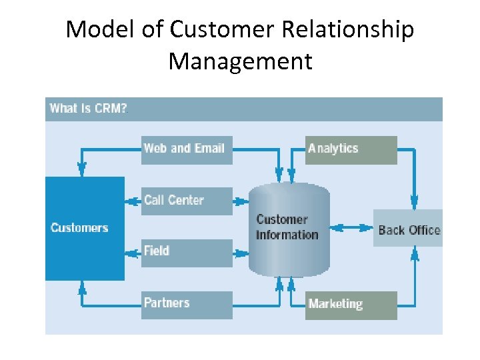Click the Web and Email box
pyautogui.click(x=187, y=149)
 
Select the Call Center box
pyautogui.click(x=187, y=201)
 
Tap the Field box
pyautogui.click(x=187, y=252)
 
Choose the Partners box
pyautogui.click(x=187, y=304)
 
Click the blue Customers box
pyautogui.click(x=85, y=228)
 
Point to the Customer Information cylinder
pyautogui.click(x=289, y=228)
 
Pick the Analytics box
pyautogui.click(x=351, y=149)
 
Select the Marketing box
pyautogui.click(x=351, y=305)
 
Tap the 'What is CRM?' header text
pyautogui.click(x=88, y=109)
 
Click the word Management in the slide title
pyautogui.click(x=240, y=61)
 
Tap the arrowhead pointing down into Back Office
pyautogui.click(x=414, y=202)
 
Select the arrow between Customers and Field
pyautogui.click(x=133, y=252)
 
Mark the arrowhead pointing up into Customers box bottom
pyautogui.click(x=83, y=287)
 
